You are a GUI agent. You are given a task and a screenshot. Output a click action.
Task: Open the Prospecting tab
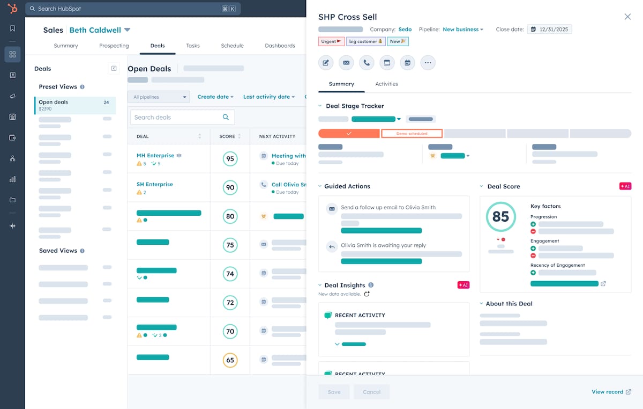click(114, 46)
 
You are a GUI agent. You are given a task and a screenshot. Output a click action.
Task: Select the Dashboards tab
click(280, 46)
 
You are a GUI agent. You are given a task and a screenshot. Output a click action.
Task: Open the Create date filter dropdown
click(215, 97)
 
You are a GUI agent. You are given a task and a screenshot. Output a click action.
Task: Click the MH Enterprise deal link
click(155, 156)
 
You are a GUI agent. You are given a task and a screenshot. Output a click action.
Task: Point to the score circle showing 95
click(230, 159)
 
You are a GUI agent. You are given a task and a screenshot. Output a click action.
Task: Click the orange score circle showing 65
click(230, 360)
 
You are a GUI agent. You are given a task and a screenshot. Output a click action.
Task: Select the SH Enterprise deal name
click(154, 184)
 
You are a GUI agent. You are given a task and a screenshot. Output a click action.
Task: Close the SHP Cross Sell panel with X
click(627, 17)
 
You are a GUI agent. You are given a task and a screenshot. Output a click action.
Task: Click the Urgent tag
click(331, 41)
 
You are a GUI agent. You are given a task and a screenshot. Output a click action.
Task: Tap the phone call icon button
click(367, 63)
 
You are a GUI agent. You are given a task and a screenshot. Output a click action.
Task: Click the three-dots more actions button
click(428, 63)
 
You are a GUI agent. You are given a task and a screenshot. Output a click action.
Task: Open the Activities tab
click(386, 84)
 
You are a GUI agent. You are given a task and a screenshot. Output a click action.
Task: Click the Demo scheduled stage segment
click(412, 133)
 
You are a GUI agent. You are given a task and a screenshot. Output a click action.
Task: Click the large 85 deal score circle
click(500, 216)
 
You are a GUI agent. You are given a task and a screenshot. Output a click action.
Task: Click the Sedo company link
click(405, 30)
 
